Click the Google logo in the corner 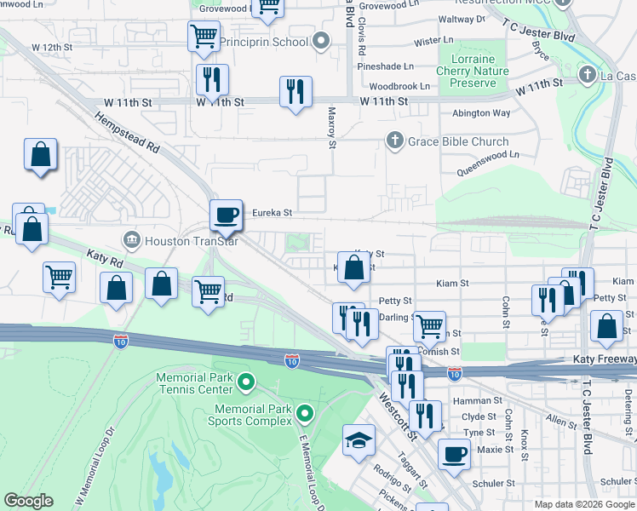(28, 501)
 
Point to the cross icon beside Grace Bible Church (393, 141)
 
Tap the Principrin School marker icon (321, 41)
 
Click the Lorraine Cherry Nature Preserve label (472, 72)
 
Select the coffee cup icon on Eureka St (226, 215)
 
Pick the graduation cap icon (359, 439)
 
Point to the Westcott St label (397, 415)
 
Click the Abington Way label (481, 113)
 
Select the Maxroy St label (332, 126)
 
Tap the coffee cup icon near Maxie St (454, 453)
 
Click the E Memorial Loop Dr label (312, 468)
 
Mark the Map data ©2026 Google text (583, 504)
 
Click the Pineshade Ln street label (386, 66)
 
